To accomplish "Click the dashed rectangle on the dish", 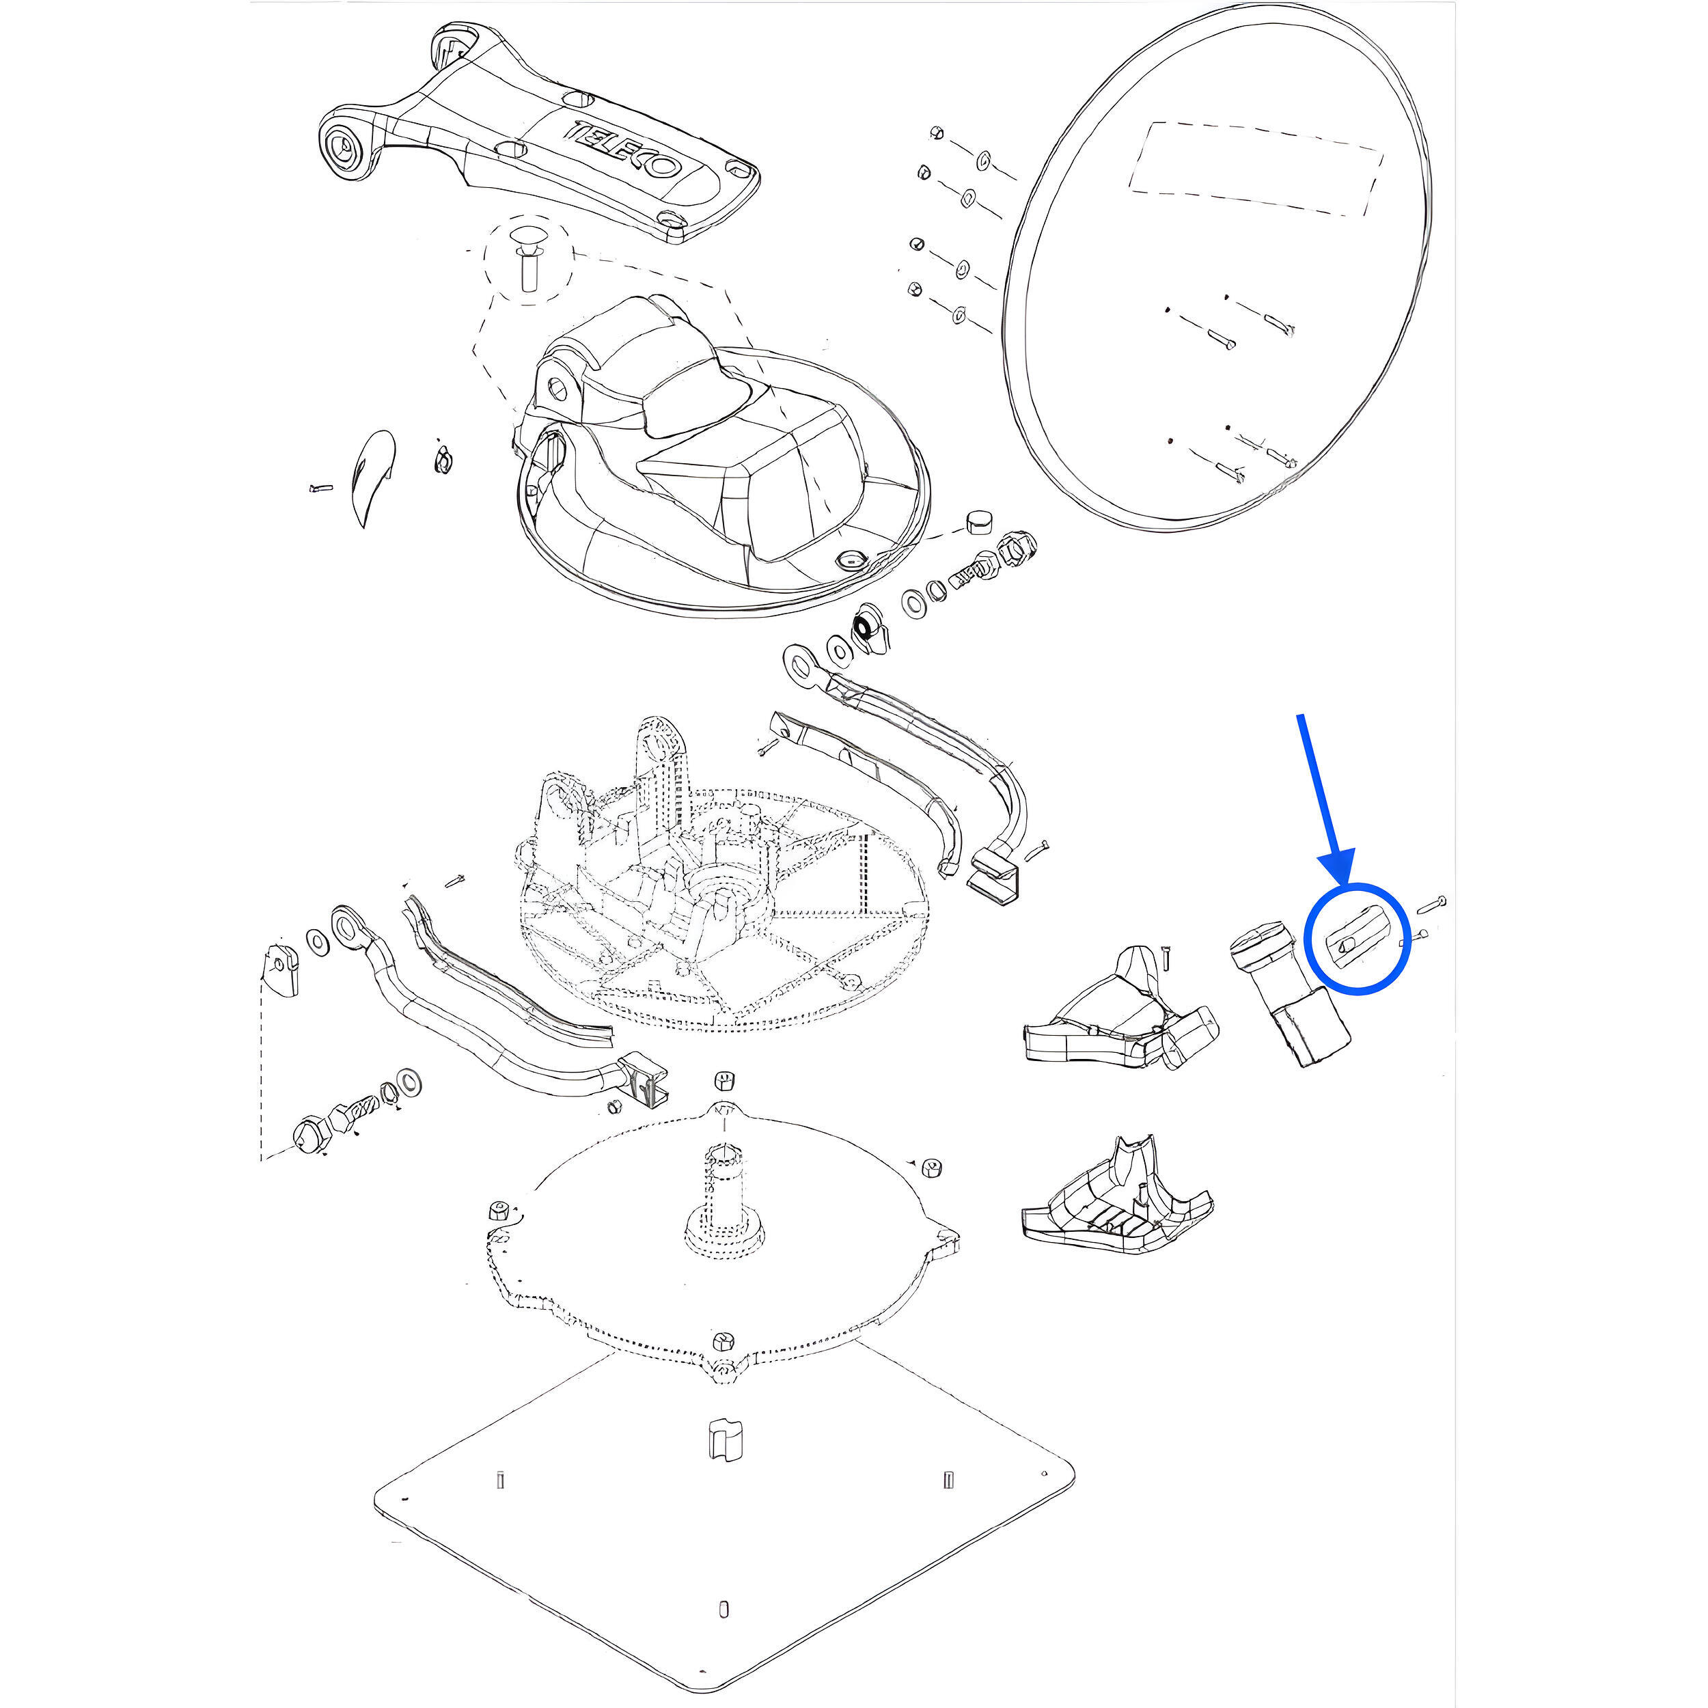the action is [1255, 169].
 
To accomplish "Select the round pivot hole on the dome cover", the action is [558, 386].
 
